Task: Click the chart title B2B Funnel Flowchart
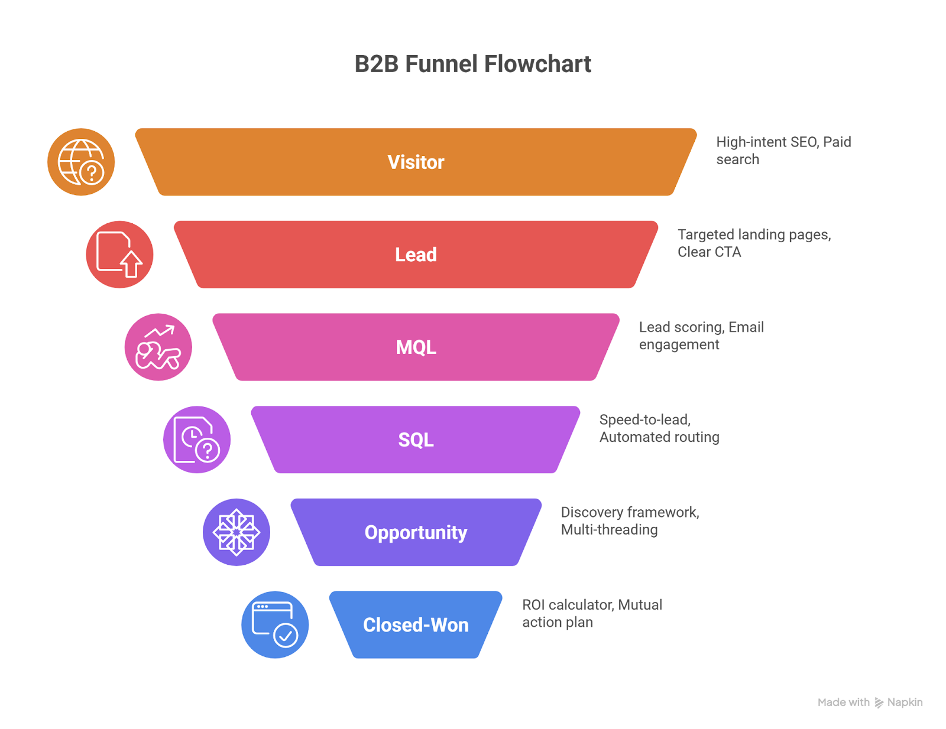click(x=472, y=64)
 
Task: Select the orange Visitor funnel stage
click(x=416, y=162)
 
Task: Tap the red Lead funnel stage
click(x=416, y=255)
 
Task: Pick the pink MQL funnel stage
click(x=416, y=347)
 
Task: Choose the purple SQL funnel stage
click(x=416, y=440)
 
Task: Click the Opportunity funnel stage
click(x=416, y=532)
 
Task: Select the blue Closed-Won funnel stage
click(x=416, y=624)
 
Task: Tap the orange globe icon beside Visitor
click(x=81, y=162)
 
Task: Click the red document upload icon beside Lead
click(x=119, y=255)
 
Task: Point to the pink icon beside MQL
click(x=158, y=347)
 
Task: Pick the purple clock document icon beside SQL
click(x=197, y=440)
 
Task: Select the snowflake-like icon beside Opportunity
click(x=236, y=532)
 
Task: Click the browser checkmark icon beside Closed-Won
click(x=275, y=624)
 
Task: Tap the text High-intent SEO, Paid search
click(x=783, y=151)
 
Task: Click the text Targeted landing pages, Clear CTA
click(x=753, y=243)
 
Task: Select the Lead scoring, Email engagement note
click(x=701, y=336)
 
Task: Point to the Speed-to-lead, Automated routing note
click(x=659, y=428)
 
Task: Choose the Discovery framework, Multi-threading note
click(x=630, y=521)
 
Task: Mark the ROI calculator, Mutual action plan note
click(x=591, y=613)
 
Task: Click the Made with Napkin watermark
click(x=870, y=702)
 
